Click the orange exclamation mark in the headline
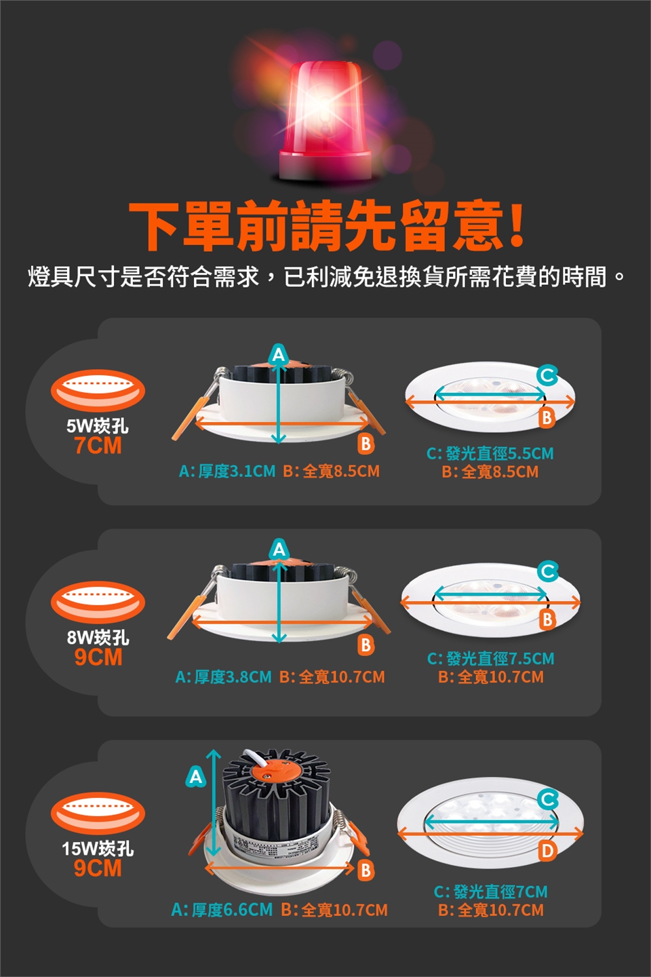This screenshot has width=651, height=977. pos(516,225)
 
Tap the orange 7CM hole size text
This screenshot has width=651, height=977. pos(98,445)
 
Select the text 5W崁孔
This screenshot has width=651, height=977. pos(98,425)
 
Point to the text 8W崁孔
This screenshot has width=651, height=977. pos(98,637)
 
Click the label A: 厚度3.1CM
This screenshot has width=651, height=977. pos(227,471)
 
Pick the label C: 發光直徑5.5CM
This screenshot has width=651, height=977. pos(490,453)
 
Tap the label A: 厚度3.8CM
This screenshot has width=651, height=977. pos(223,677)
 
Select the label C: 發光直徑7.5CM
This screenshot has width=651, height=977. pos(490,658)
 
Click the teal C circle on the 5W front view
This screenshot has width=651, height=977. pos(548,375)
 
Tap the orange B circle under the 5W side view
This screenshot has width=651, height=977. pos(366,444)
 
